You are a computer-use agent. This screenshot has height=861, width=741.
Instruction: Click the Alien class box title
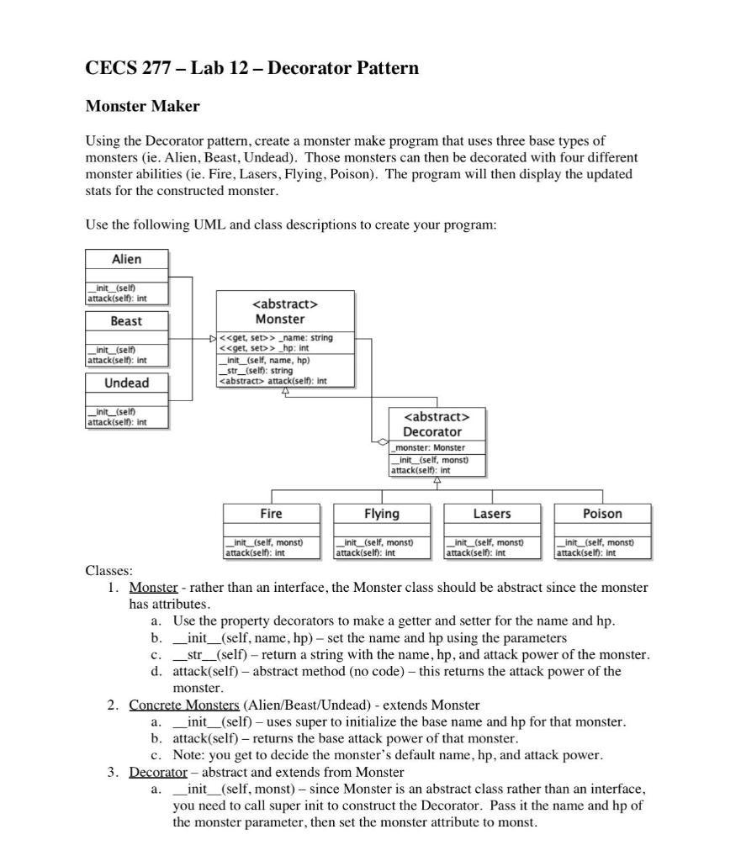click(126, 259)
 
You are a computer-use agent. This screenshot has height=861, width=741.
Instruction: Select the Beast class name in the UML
click(126, 321)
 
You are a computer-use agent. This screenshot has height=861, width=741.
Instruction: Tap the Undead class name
click(126, 383)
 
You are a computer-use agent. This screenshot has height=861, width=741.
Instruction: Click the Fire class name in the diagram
click(271, 513)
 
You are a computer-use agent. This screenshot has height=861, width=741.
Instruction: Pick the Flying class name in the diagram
click(381, 513)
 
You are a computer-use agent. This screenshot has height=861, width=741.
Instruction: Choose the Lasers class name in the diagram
click(492, 513)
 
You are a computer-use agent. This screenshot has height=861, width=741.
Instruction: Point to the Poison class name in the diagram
click(602, 513)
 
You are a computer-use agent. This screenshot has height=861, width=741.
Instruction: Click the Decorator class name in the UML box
click(437, 431)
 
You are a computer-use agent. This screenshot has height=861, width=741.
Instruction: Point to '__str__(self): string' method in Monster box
click(256, 370)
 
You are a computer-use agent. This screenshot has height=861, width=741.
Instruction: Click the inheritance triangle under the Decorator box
click(437, 480)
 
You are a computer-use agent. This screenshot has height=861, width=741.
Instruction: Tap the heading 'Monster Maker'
click(142, 106)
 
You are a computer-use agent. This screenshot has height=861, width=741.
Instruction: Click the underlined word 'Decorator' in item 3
click(157, 772)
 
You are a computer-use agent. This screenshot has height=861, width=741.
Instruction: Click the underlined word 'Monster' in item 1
click(153, 587)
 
